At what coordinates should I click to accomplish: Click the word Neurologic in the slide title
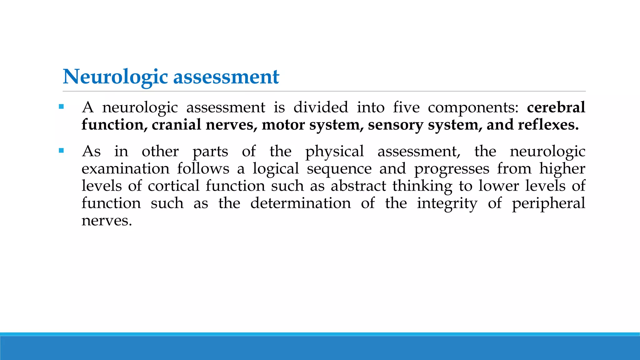click(115, 77)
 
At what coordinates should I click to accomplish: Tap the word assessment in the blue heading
click(226, 77)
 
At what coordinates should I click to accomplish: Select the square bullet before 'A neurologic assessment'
click(61, 107)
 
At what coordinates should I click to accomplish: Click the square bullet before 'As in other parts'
click(61, 151)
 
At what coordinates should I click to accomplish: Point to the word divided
click(321, 107)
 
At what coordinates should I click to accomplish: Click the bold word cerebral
click(556, 107)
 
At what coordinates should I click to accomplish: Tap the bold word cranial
click(177, 125)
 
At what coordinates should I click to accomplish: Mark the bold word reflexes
click(548, 125)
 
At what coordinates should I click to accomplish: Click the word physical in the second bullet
click(334, 152)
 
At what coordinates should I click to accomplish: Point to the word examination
click(125, 169)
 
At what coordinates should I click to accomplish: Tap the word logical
click(276, 169)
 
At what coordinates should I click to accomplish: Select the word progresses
click(452, 169)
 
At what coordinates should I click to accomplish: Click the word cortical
click(173, 186)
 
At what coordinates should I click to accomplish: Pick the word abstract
click(358, 186)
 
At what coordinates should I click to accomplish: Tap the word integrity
click(447, 204)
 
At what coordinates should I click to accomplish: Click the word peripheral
click(548, 204)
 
